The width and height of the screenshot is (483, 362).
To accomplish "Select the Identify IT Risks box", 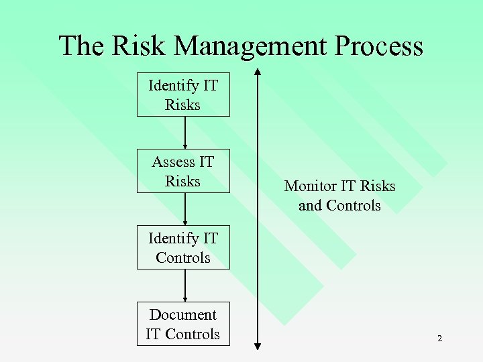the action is pos(183,95).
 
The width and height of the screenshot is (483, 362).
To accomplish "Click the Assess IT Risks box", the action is pos(183,171).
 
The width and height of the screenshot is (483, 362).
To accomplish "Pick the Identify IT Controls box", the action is pos(183,247).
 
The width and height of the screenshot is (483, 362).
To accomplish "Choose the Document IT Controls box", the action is pos(183,324).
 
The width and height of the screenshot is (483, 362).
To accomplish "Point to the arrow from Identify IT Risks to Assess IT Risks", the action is pos(184,133).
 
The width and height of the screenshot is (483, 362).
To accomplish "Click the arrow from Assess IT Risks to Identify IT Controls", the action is pos(184,209).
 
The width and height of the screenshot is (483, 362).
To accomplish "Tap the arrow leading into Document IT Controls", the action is pos(184,286).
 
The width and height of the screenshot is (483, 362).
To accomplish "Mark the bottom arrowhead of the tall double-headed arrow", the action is pos(258,346).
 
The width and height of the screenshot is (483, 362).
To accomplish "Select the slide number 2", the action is pos(439,339).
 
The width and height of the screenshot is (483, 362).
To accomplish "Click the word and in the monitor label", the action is pos(310,205).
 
